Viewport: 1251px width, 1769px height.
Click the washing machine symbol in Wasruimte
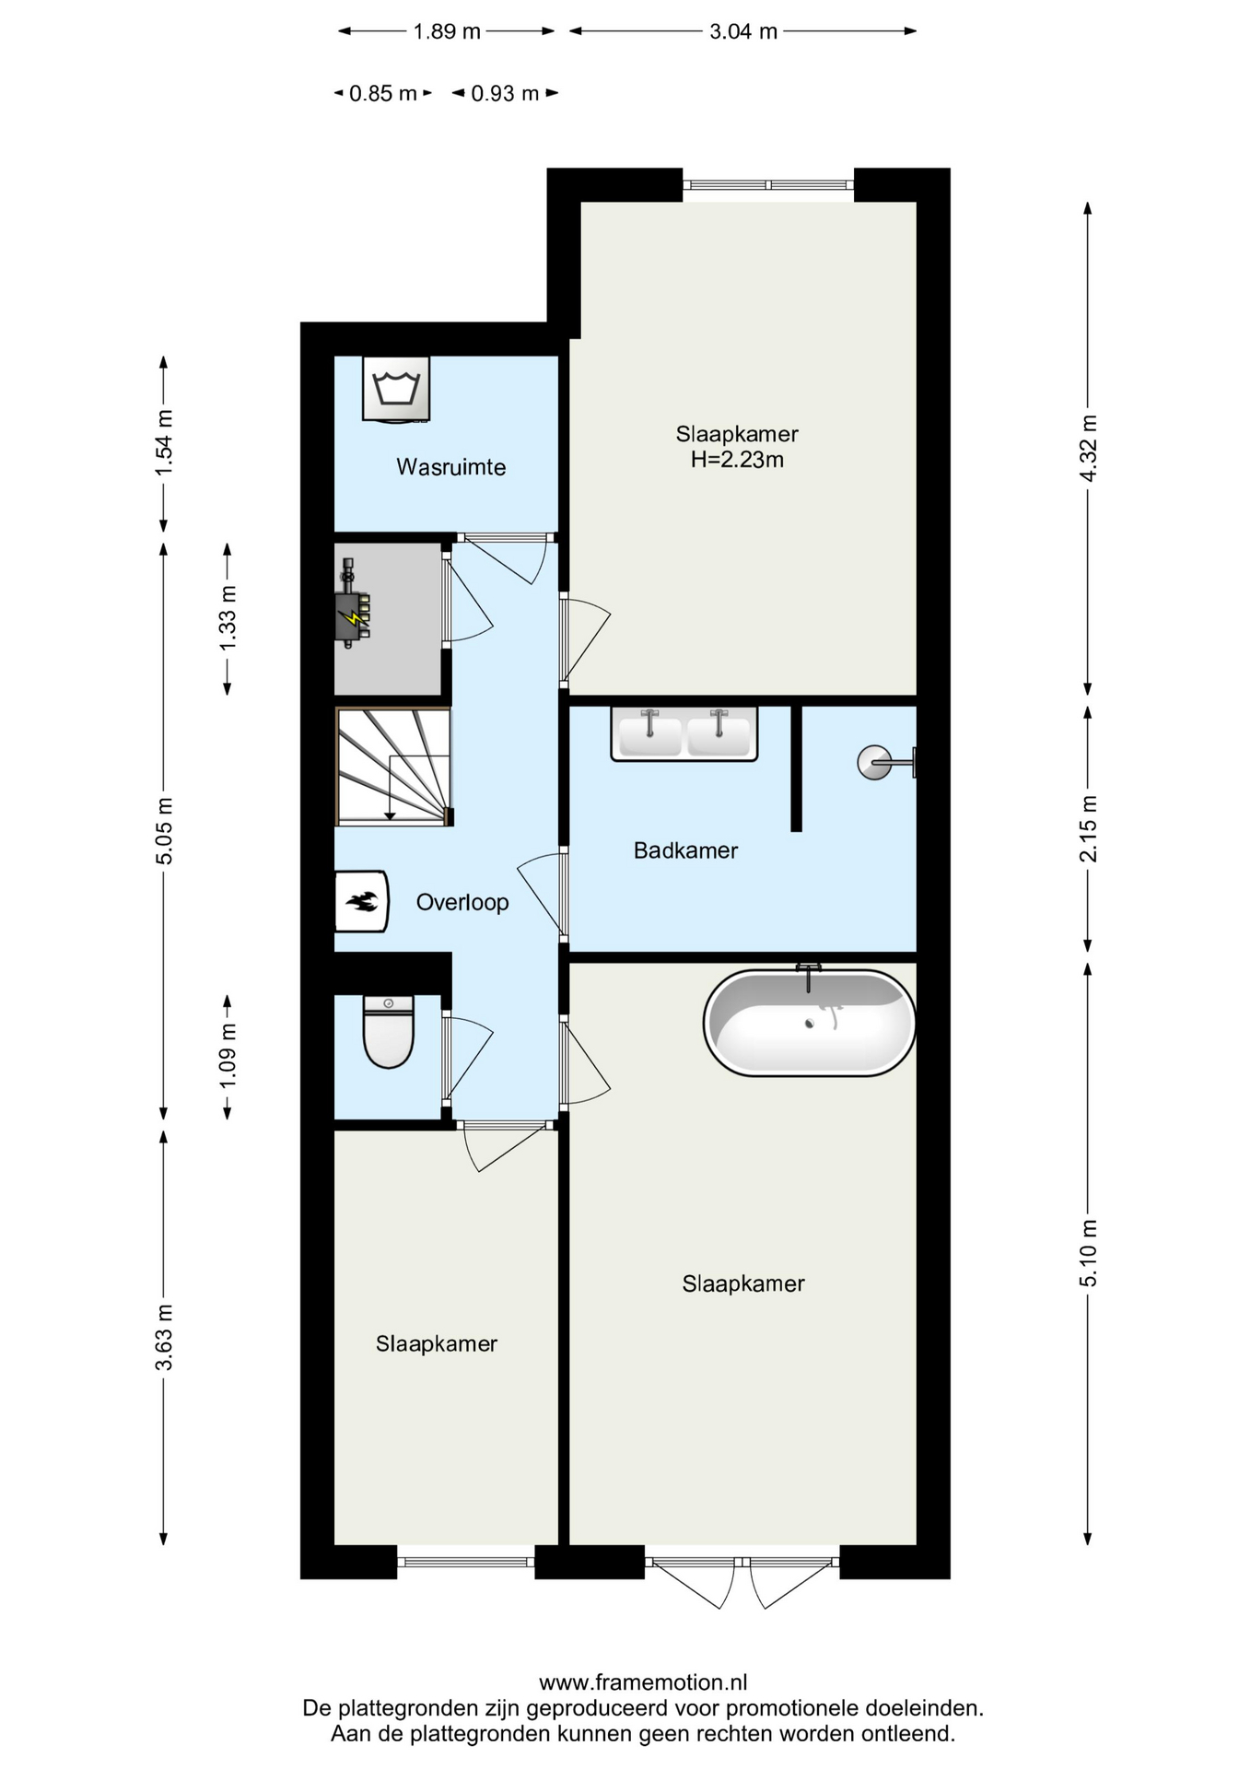[396, 389]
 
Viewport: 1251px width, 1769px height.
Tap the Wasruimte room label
[451, 467]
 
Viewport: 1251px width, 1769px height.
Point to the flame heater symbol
[361, 901]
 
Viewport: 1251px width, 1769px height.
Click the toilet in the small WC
[389, 1032]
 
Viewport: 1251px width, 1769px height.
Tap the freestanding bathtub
[809, 1022]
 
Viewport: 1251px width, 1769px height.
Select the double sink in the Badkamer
[684, 733]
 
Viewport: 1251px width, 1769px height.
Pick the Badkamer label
[685, 850]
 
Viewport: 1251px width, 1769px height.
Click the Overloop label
[462, 902]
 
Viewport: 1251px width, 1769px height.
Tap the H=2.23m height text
[737, 460]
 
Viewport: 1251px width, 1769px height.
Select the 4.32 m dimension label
[1089, 448]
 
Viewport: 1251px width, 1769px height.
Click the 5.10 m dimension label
[1089, 1253]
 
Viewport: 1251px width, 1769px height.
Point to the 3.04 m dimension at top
[743, 31]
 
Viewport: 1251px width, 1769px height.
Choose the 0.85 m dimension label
[383, 93]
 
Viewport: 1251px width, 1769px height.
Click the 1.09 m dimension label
[228, 1055]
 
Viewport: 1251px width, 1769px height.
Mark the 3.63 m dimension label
[164, 1337]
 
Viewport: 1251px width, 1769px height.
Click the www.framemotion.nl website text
[643, 1682]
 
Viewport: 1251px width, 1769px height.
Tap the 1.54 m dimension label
[164, 442]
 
